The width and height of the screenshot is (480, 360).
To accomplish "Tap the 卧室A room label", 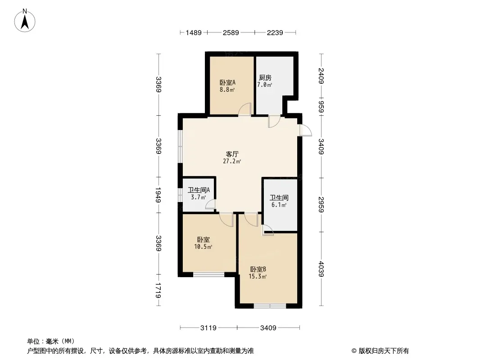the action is click(x=227, y=83).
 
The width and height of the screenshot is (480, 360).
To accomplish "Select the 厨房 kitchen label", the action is click(x=265, y=78).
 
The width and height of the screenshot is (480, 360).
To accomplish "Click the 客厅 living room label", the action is click(x=232, y=154).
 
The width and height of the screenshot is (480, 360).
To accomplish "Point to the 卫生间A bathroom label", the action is click(x=199, y=190).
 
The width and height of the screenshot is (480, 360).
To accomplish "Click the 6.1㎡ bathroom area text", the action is click(x=279, y=205).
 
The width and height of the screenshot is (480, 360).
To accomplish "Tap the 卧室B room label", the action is click(x=258, y=269).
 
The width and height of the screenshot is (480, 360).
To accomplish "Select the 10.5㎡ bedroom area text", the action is click(x=203, y=247).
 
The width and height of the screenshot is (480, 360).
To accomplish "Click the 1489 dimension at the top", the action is click(x=194, y=32).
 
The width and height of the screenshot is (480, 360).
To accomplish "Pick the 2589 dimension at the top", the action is click(x=231, y=32).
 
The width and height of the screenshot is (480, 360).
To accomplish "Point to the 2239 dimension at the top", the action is click(x=275, y=32).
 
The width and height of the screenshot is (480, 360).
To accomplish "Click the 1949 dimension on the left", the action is click(x=158, y=195).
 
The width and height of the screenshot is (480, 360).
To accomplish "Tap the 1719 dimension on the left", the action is click(x=158, y=291).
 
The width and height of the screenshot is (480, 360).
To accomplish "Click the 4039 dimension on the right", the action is click(x=321, y=269).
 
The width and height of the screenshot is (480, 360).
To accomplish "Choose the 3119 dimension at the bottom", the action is click(x=208, y=328).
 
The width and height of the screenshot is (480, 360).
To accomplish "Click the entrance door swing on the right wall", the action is click(x=305, y=130).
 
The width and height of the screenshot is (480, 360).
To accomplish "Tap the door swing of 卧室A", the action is click(x=245, y=109).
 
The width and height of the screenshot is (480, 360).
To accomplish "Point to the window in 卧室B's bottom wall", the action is click(x=270, y=306).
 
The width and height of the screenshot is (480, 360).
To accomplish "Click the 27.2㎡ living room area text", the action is click(x=232, y=161).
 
